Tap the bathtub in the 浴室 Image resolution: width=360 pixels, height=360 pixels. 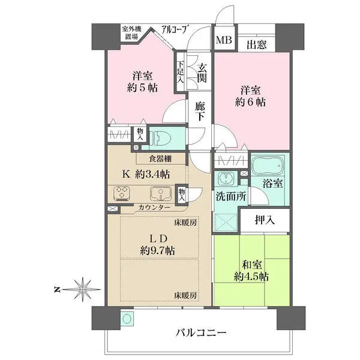(x=268, y=166)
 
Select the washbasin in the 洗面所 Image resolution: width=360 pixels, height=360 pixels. (x=227, y=178)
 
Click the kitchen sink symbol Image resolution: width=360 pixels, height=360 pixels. (x=161, y=193)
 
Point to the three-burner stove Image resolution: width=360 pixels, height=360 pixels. (x=122, y=193)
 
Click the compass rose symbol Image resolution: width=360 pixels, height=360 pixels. (x=82, y=290)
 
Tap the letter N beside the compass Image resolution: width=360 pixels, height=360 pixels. (x=57, y=290)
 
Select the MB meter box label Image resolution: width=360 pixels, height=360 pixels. (x=224, y=40)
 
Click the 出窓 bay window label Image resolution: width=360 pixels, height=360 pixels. (x=257, y=44)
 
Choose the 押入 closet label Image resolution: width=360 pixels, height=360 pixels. (x=265, y=220)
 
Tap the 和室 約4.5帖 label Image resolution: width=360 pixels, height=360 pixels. (x=251, y=271)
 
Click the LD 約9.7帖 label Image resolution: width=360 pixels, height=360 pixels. (x=158, y=245)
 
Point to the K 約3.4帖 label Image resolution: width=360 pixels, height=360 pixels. (x=146, y=175)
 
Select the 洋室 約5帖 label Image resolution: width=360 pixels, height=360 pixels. (x=142, y=82)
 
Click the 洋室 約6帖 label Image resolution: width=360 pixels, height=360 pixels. (x=250, y=96)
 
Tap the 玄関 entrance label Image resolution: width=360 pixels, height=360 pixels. (x=202, y=73)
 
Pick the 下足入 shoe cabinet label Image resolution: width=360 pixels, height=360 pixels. (x=181, y=72)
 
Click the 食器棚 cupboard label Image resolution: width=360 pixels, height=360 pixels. (x=160, y=158)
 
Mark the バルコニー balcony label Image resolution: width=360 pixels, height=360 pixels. (x=201, y=332)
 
